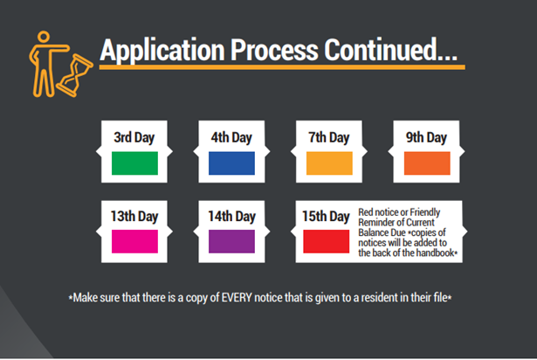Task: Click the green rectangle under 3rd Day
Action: point(134,163)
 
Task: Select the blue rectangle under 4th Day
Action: point(232,163)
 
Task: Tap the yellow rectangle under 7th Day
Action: point(329,163)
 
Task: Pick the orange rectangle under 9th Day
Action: point(427,163)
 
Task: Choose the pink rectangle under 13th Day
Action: point(134,241)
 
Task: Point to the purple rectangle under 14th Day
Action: point(232,241)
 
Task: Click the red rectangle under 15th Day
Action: point(326,241)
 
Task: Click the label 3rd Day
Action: point(134,138)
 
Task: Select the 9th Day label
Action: point(426,138)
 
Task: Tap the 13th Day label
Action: point(134,217)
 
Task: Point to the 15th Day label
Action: point(326,217)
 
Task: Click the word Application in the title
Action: point(162,51)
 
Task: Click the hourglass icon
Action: point(74,75)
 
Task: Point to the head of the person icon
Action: point(44,37)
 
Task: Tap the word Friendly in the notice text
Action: point(425,212)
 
